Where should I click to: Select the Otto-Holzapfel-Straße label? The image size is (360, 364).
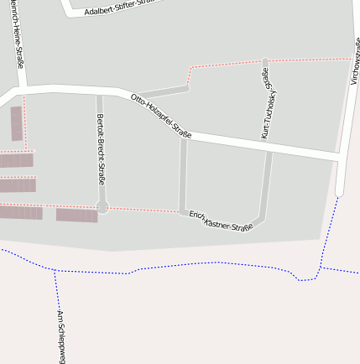[x=161, y=117]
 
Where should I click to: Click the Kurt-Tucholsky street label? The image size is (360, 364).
[x=269, y=105]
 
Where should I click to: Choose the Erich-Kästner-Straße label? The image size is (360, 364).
[x=221, y=221]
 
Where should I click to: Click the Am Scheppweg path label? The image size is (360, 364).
[x=60, y=335]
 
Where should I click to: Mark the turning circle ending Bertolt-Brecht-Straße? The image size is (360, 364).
[x=102, y=207]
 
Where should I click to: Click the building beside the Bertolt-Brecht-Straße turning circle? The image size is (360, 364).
[x=77, y=215]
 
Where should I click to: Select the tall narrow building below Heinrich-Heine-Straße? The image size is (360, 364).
[x=17, y=123]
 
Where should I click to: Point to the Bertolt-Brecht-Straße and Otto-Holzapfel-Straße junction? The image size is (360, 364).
[x=99, y=90]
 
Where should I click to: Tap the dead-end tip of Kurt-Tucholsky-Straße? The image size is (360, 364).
[x=265, y=61]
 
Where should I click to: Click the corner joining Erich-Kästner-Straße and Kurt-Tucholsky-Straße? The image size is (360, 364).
[x=261, y=220]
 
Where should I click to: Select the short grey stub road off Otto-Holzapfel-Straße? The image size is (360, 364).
[x=162, y=90]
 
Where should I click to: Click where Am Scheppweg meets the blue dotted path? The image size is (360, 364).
[x=55, y=271]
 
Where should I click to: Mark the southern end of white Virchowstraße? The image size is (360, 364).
[x=340, y=192]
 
